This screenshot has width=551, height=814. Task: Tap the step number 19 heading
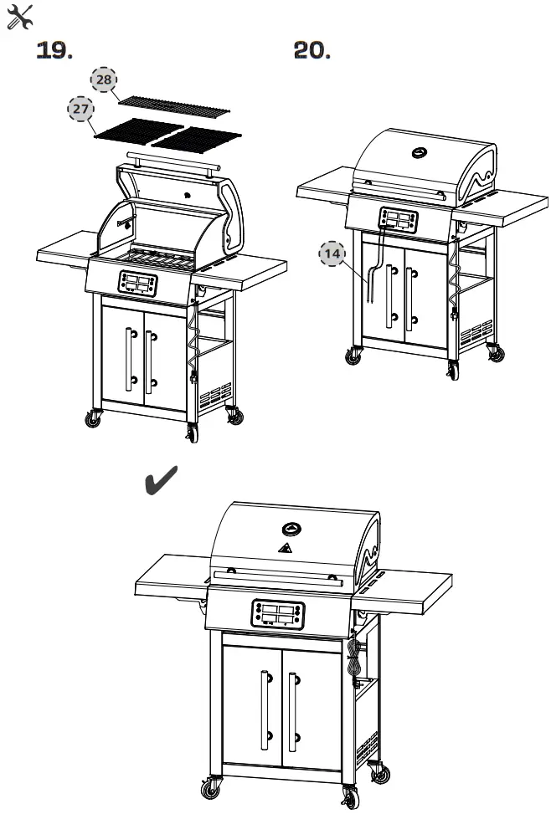[54, 52]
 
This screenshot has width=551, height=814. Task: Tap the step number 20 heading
[312, 52]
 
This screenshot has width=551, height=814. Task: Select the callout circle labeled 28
[104, 79]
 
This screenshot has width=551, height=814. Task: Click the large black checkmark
[163, 482]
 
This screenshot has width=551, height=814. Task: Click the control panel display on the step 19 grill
[138, 283]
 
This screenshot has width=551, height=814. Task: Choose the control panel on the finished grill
[276, 614]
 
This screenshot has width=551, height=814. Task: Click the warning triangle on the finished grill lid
[284, 549]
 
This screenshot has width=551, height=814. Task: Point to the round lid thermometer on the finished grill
[291, 529]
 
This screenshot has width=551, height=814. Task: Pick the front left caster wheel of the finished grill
[210, 787]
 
